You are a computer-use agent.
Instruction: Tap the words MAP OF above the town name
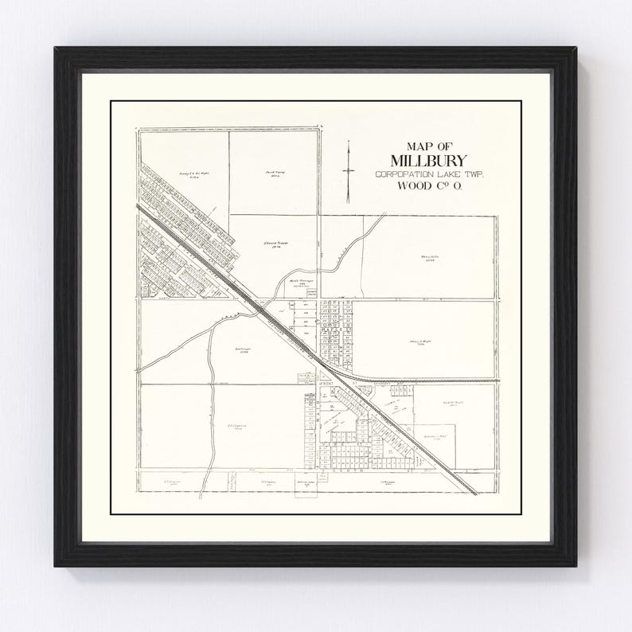coord(428,146)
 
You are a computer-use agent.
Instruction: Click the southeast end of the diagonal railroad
coord(477,494)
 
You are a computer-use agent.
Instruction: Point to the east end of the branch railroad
coord(499,380)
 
